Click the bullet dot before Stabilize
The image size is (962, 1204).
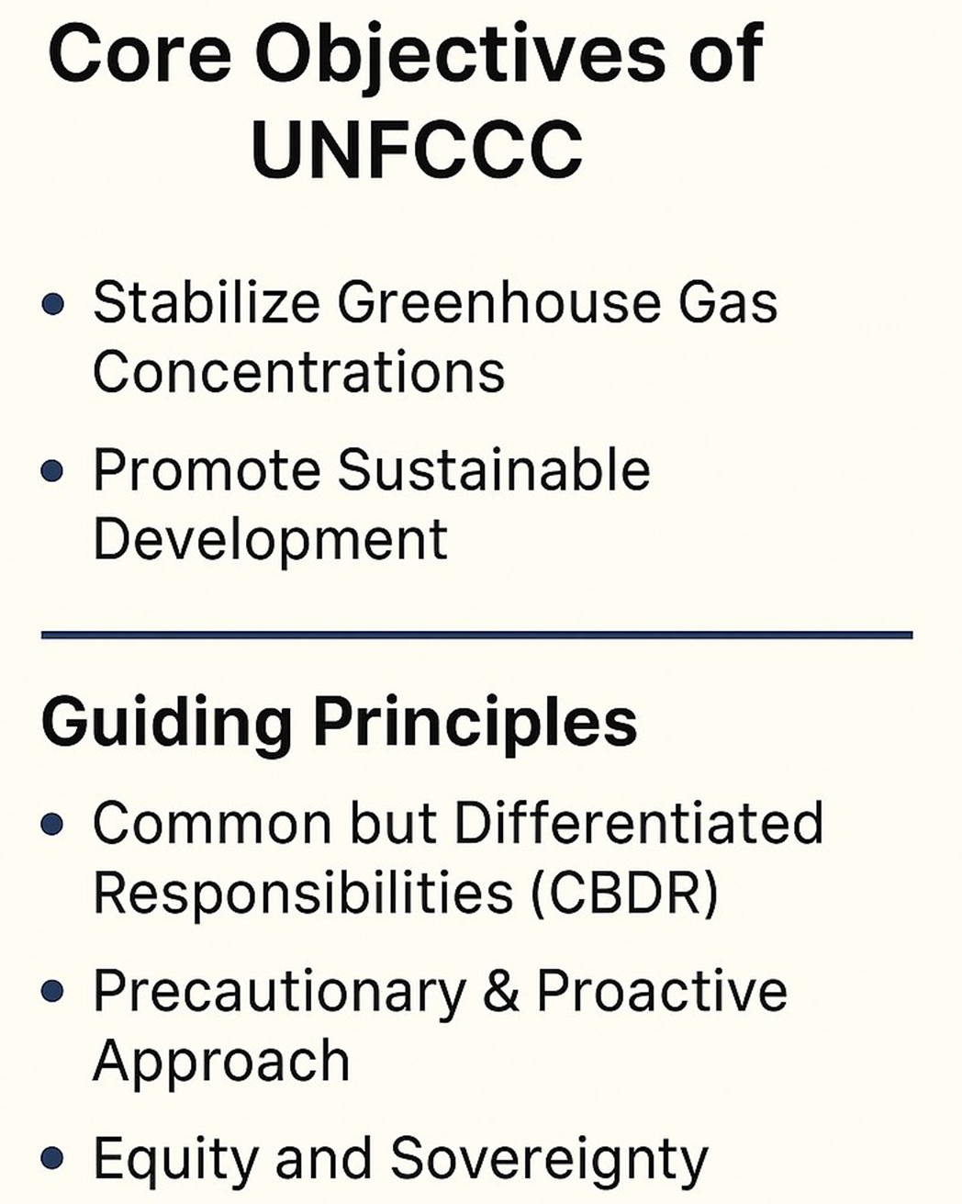53,304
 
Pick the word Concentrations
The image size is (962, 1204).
299,372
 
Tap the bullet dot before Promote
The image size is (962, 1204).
53,471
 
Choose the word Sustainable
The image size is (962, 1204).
493,469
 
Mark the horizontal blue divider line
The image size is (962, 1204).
477,635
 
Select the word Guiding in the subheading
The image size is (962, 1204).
166,723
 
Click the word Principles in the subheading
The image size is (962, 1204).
475,723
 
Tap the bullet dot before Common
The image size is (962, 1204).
53,824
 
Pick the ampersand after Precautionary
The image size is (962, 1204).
501,992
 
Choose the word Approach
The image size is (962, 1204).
221,1062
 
